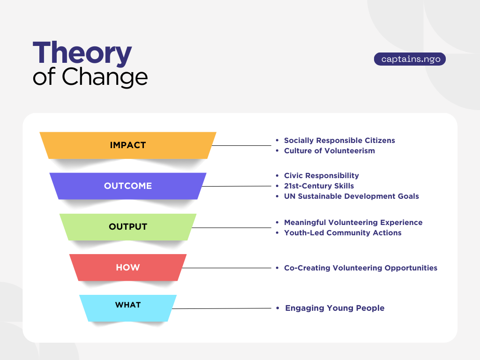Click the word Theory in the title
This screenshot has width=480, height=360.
click(82, 53)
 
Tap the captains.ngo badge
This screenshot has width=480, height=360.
click(410, 59)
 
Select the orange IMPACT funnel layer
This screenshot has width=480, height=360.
click(128, 145)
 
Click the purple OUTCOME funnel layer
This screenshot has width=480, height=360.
click(128, 186)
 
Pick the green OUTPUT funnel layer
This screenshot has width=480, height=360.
click(128, 227)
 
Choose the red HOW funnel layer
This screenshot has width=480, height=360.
click(128, 267)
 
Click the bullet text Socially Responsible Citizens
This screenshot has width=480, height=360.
click(339, 140)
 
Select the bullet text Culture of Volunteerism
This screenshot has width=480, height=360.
click(329, 151)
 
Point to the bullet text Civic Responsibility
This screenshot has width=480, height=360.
click(321, 175)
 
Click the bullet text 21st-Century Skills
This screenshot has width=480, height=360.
click(319, 186)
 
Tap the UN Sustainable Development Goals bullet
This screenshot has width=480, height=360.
click(351, 196)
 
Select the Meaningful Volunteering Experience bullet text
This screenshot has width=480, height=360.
click(353, 222)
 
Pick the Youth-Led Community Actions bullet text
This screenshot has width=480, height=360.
click(343, 233)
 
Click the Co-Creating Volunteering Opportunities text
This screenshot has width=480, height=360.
click(360, 268)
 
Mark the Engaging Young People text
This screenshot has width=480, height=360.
click(335, 308)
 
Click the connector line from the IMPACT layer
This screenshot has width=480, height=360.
click(241, 145)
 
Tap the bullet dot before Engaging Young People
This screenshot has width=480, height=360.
click(277, 308)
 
